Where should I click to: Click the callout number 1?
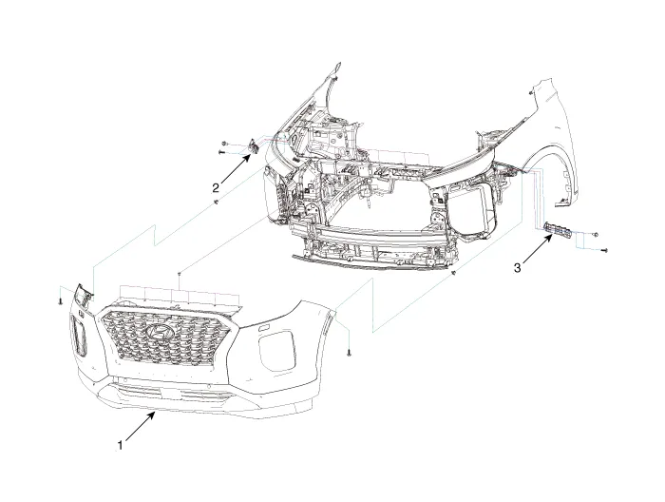pyautogui.click(x=119, y=444)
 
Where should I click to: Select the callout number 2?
pyautogui.click(x=216, y=186)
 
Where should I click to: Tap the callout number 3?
pyautogui.click(x=517, y=268)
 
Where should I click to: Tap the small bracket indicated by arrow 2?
pyautogui.click(x=254, y=146)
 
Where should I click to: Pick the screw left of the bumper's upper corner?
pyautogui.click(x=60, y=299)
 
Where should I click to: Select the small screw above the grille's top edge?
pyautogui.click(x=179, y=273)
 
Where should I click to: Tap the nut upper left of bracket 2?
pyautogui.click(x=223, y=139)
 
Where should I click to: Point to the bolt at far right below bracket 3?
pyautogui.click(x=604, y=249)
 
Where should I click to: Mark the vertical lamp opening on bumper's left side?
pyautogui.click(x=77, y=338)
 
